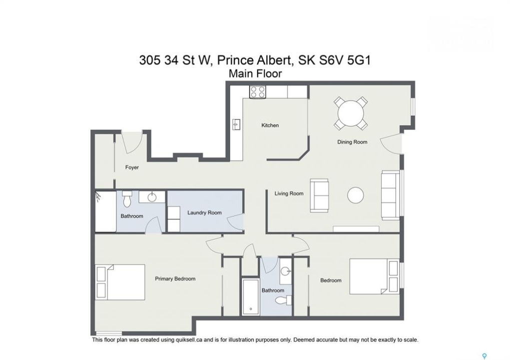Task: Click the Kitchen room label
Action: point(270,125)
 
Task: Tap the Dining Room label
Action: point(352,142)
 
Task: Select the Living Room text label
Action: point(289,193)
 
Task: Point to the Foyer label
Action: point(132,167)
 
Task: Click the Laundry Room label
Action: point(204,212)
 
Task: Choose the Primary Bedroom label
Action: point(175,279)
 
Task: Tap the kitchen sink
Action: point(236,124)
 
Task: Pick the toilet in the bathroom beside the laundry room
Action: point(127,199)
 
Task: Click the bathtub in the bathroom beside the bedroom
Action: point(250,296)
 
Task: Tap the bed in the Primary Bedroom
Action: point(120,282)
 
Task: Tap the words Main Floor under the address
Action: point(255,73)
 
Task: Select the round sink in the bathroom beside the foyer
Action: point(152,197)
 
